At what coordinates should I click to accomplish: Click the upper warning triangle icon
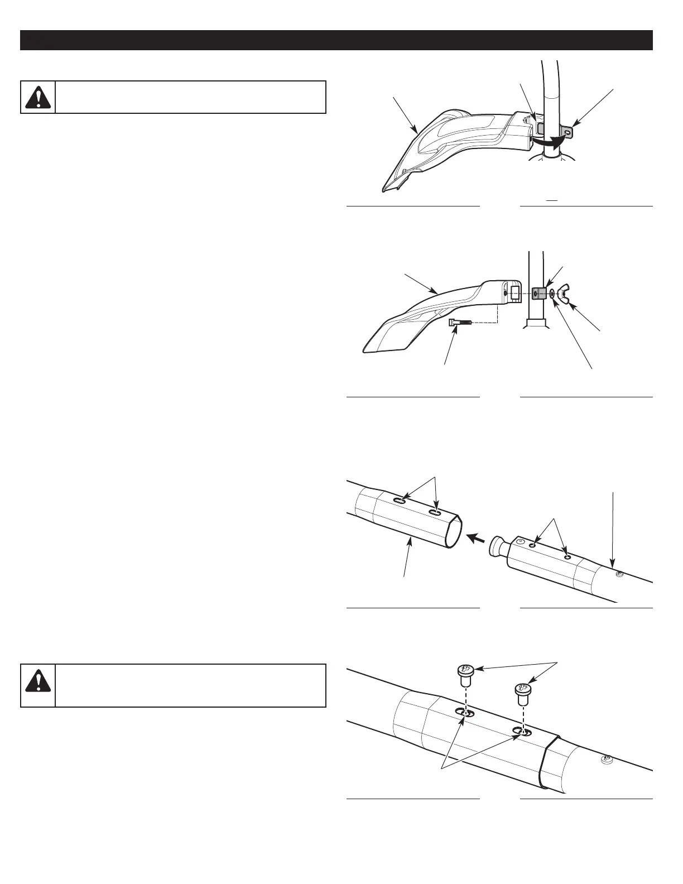(x=38, y=98)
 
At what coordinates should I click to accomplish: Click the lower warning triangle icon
(x=38, y=686)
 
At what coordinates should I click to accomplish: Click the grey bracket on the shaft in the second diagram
(x=538, y=294)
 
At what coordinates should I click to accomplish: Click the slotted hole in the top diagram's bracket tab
(x=567, y=132)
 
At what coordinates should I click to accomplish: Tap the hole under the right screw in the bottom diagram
(x=522, y=732)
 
